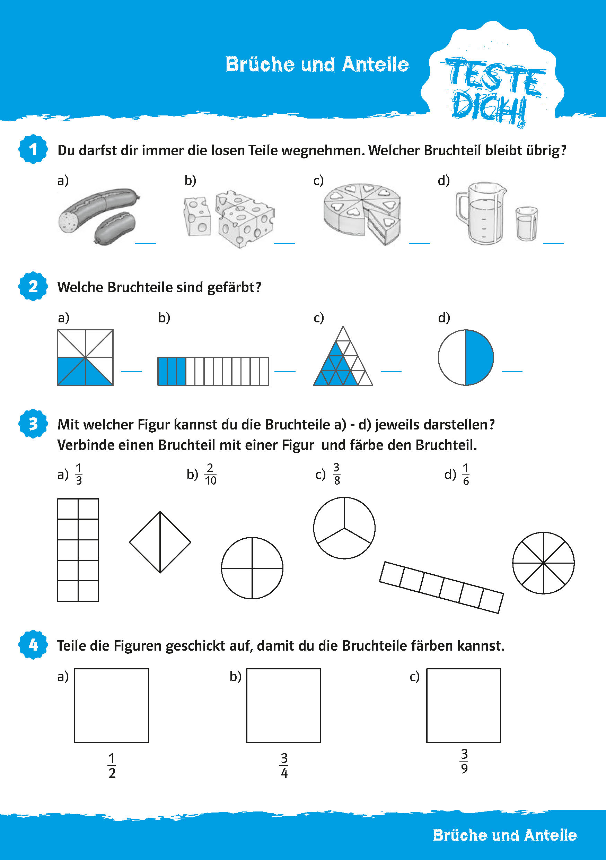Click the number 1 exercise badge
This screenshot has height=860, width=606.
(33, 149)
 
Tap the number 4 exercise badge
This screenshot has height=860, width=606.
(33, 645)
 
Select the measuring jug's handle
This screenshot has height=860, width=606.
(461, 208)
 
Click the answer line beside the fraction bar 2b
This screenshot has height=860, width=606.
(284, 371)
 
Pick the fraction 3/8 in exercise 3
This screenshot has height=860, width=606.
(336, 474)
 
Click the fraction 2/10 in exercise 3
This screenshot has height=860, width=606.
(210, 474)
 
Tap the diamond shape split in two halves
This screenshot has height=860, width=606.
(160, 542)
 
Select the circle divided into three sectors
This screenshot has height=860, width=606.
(344, 528)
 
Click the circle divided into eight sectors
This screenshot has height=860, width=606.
(543, 563)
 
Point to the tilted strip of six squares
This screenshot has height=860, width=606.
(441, 587)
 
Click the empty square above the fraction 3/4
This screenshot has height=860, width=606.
(283, 705)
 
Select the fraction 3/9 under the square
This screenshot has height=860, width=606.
(464, 761)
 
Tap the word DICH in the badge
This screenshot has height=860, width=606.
(488, 108)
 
